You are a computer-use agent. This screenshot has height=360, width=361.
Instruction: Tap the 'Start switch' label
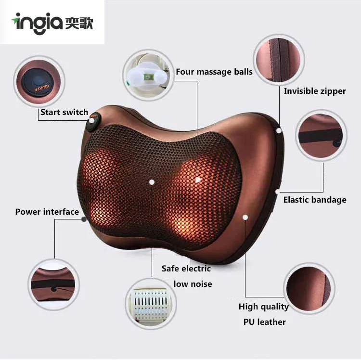tap(64, 112)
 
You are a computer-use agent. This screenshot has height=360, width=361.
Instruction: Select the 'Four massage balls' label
tap(214, 72)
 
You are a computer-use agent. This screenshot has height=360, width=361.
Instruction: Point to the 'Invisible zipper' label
tap(314, 90)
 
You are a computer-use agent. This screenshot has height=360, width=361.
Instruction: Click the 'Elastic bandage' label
tap(314, 200)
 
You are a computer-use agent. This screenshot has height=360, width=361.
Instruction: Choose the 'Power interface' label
tap(47, 212)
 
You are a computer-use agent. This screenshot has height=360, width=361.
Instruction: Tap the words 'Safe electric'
tap(186, 269)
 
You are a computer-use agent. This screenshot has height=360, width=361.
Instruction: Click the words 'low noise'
tap(193, 284)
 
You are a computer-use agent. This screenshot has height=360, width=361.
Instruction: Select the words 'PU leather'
tap(264, 322)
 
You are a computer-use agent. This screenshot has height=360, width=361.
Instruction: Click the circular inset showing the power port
tap(53, 284)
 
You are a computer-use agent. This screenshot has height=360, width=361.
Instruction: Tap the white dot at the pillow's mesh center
tap(152, 182)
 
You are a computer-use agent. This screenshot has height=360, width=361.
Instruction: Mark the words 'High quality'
tap(263, 307)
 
